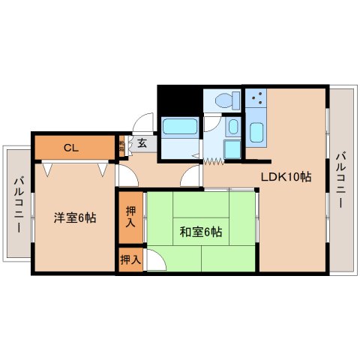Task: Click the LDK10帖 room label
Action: coord(286,177)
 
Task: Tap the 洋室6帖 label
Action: coord(74,217)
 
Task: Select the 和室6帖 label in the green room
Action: coord(199,231)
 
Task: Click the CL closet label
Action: coord(71,147)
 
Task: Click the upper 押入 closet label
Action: coord(130,217)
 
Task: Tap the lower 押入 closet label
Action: coord(130,259)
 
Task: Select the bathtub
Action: coord(178,132)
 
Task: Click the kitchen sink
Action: coord(256,133)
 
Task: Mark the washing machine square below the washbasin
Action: coord(232,149)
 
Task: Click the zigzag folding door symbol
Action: coord(215,160)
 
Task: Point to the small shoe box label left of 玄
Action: coord(122,145)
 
